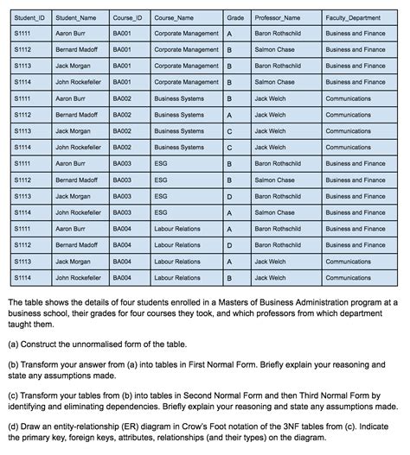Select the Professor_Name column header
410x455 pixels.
(x=277, y=17)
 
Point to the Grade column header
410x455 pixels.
(x=235, y=17)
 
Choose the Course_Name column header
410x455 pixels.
(x=174, y=17)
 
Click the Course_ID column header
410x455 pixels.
(x=127, y=17)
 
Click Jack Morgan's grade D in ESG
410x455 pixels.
(x=229, y=196)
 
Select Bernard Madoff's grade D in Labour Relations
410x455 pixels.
(x=229, y=245)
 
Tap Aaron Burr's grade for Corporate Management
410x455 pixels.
(x=229, y=34)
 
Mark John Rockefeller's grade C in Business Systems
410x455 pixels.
(x=229, y=148)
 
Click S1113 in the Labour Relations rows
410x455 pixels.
(x=23, y=262)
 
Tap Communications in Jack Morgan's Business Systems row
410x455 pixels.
(x=349, y=131)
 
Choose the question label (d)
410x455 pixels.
(x=11, y=427)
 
